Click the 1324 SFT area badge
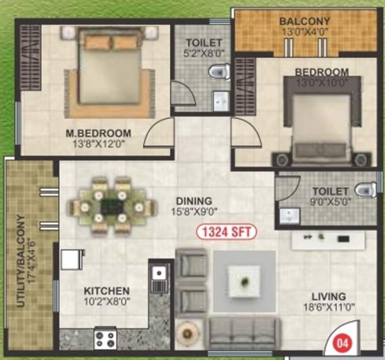pos(226,231)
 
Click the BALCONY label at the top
pos(304,22)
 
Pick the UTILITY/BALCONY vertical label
pos(21,261)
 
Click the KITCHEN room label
pos(107,291)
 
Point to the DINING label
pos(194,201)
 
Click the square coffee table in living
pos(244,281)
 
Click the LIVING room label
pos(329,297)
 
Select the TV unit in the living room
pos(328,240)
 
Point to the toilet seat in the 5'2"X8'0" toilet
pos(219,71)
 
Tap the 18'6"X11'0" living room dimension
pos(329,307)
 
